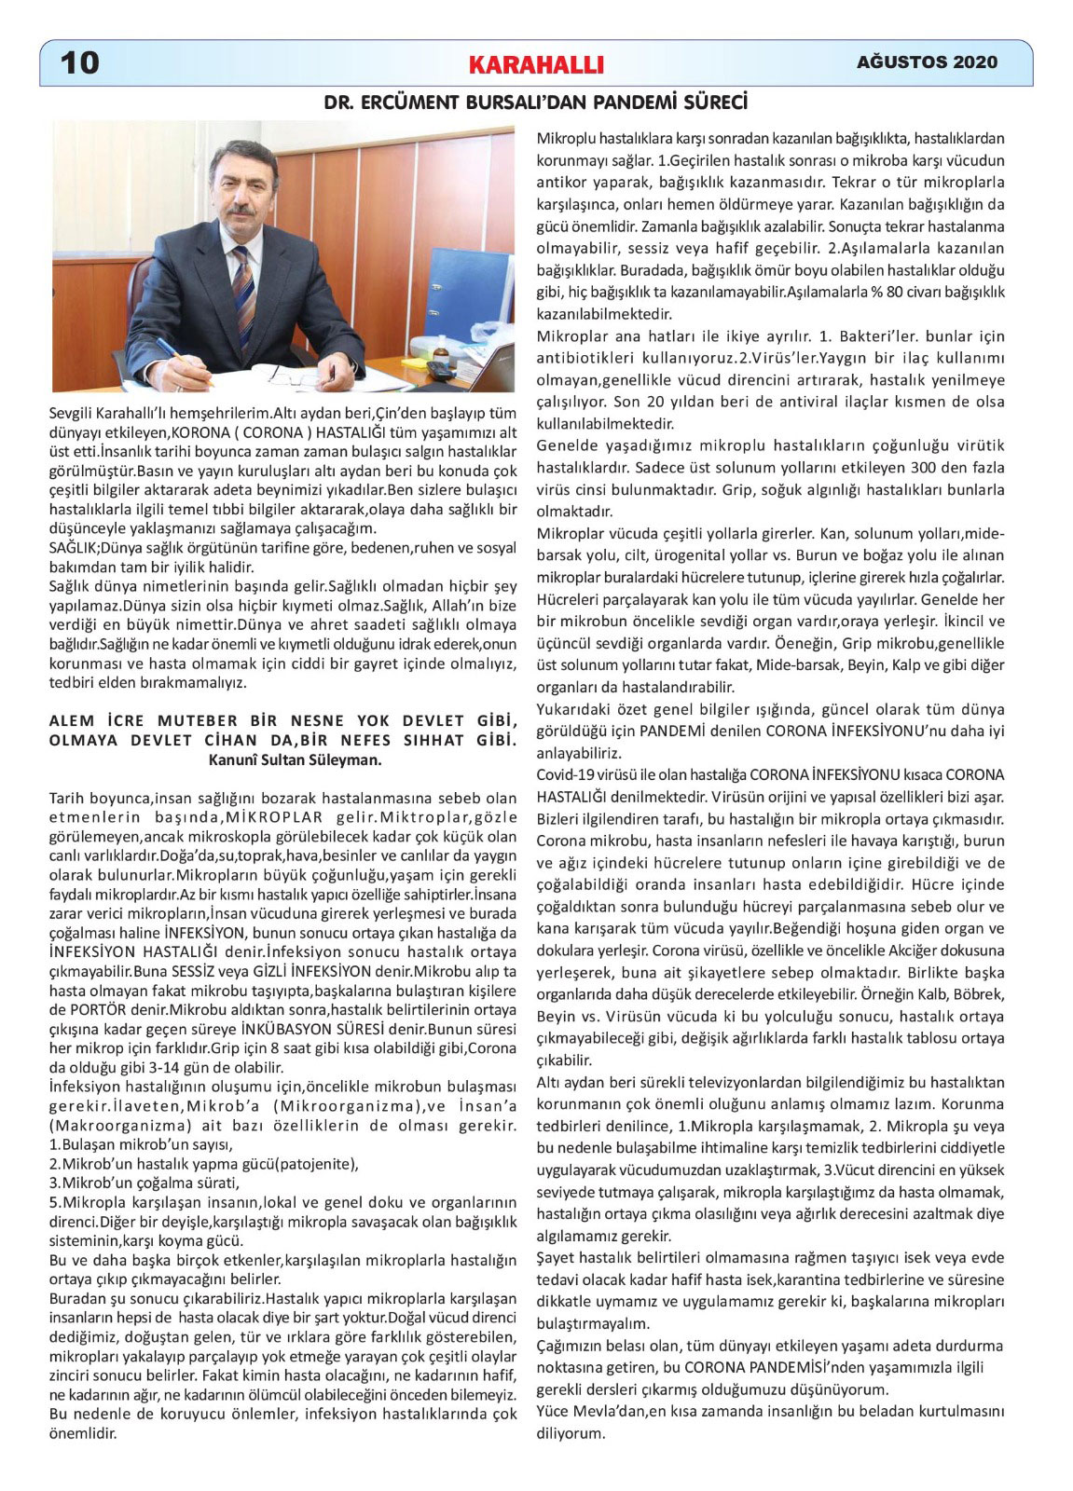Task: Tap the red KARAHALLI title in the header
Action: (x=537, y=64)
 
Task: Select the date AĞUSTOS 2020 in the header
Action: (x=927, y=62)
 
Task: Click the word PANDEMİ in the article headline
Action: (x=636, y=101)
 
